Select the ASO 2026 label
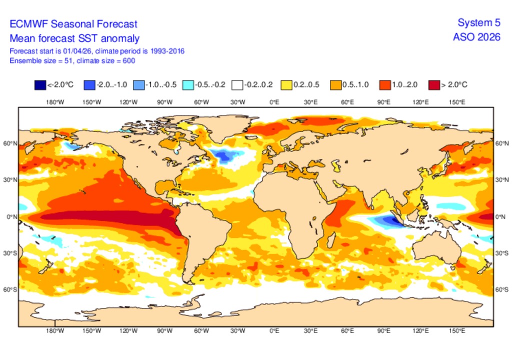476,37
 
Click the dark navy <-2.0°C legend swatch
39,84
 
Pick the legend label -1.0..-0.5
160,84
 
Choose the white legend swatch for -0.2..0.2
237,84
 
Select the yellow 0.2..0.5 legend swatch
286,84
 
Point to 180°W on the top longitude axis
55,102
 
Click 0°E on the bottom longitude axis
274,330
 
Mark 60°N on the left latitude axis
11,143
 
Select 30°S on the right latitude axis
501,253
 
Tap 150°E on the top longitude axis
457,102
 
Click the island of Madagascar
328,239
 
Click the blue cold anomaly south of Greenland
223,156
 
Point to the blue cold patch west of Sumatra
385,219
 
